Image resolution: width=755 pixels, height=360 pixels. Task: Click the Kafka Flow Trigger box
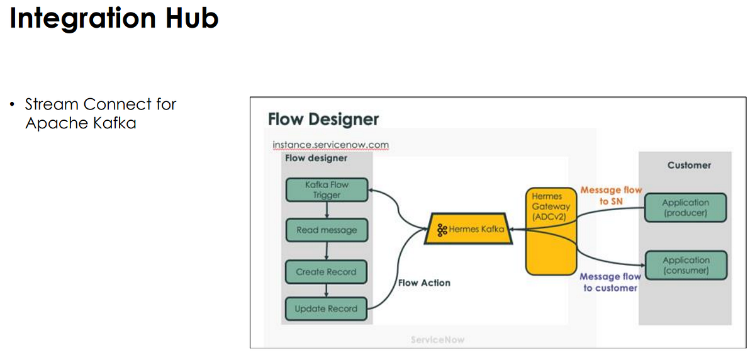(x=327, y=190)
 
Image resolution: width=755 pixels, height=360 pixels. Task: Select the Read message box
(x=327, y=230)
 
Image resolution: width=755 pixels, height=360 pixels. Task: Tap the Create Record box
(x=327, y=272)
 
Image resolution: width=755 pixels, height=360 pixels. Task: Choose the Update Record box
(x=327, y=308)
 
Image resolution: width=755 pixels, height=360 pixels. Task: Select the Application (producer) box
(x=685, y=208)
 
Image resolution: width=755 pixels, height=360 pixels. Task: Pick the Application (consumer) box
(x=685, y=265)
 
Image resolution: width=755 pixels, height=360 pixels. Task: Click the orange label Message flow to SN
(x=611, y=195)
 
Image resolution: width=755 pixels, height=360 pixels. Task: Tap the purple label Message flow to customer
(x=610, y=282)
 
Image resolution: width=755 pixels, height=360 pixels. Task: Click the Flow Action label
(x=424, y=283)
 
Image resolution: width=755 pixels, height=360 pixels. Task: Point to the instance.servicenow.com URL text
(x=330, y=145)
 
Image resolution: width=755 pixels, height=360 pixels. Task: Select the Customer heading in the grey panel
(x=689, y=165)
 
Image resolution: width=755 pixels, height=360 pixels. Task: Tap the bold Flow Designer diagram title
(x=323, y=119)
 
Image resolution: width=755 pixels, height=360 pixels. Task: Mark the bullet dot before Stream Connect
(x=13, y=104)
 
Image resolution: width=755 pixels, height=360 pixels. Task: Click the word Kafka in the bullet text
(x=115, y=123)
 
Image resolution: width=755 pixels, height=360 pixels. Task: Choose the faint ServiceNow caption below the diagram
(x=438, y=340)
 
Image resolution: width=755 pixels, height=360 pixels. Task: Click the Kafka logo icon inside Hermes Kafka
(x=442, y=230)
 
